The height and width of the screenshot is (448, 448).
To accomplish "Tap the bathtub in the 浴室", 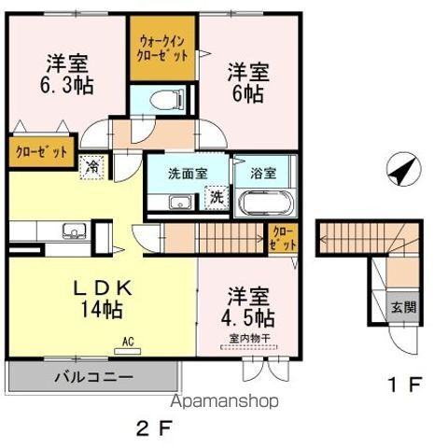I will [267, 203].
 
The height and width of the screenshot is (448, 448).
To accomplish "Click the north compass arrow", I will [401, 171].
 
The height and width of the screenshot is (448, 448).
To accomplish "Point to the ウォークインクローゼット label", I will [163, 49].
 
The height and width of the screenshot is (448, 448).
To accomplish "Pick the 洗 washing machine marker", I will [215, 197].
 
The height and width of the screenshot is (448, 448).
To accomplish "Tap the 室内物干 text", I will [245, 340].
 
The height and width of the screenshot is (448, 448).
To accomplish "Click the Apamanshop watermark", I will [222, 401].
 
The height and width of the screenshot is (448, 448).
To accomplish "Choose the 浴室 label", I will [263, 173].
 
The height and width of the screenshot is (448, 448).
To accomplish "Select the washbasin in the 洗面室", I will [177, 203].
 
